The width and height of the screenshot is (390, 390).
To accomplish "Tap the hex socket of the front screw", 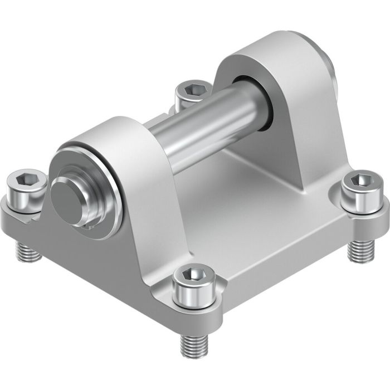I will coord(192,275).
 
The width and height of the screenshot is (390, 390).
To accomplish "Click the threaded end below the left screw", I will coord(30,254).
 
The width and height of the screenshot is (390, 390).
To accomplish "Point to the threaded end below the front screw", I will coord(193,345).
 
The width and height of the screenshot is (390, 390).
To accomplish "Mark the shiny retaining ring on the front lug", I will coord(111,184).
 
